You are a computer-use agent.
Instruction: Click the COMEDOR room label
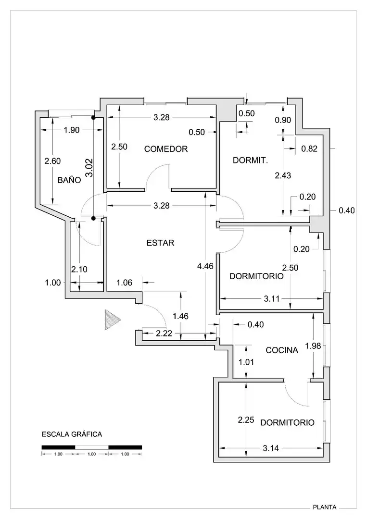point(166,149)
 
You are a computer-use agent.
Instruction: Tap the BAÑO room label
point(69,180)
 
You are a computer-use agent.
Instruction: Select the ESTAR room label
point(160,243)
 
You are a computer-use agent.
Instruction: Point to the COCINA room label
point(282,350)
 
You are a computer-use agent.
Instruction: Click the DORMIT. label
point(251,161)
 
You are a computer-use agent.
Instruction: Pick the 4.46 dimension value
point(205,266)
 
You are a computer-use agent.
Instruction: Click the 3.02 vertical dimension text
point(89,168)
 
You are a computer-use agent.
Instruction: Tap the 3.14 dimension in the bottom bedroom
point(271,448)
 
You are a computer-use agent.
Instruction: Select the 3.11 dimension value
point(272,299)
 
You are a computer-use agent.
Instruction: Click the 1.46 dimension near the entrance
point(180,316)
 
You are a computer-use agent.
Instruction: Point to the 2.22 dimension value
point(165,334)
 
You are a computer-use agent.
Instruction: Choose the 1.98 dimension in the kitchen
point(313,346)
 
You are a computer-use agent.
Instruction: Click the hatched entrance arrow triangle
point(112,320)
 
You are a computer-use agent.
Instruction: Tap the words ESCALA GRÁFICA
point(72,434)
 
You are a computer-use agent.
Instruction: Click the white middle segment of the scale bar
point(92,447)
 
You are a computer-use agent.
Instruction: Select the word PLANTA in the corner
point(325,507)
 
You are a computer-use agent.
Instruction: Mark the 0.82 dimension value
point(309,149)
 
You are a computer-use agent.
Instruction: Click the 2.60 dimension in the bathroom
point(52,161)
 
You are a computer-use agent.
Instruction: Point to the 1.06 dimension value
point(125,283)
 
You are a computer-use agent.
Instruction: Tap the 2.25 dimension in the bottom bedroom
point(246,420)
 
